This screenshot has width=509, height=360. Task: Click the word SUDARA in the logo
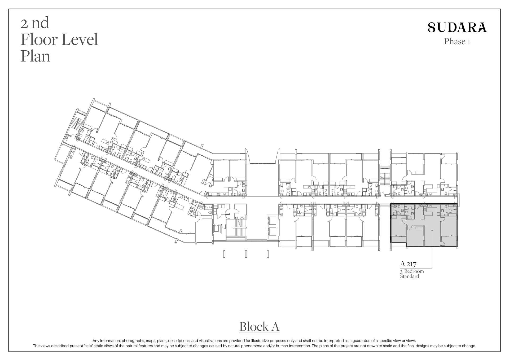tap(457, 28)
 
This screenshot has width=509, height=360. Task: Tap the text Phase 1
tap(457, 42)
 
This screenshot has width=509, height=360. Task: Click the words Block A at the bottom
tap(259, 327)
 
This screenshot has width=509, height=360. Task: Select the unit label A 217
tap(408, 264)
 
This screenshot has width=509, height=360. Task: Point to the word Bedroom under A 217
tap(414, 271)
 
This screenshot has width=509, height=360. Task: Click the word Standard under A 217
tap(410, 276)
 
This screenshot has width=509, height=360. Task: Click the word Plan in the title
tap(36, 56)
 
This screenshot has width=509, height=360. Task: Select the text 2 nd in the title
tap(35, 23)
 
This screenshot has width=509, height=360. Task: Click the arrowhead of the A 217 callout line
tap(432, 230)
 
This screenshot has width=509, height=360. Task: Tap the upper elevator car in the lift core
tap(273, 221)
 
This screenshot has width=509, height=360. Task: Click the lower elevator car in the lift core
tap(273, 232)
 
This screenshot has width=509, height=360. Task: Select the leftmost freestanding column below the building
tap(224, 254)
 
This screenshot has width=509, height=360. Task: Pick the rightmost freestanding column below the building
tap(268, 254)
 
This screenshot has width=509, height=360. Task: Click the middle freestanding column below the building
tap(246, 254)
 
